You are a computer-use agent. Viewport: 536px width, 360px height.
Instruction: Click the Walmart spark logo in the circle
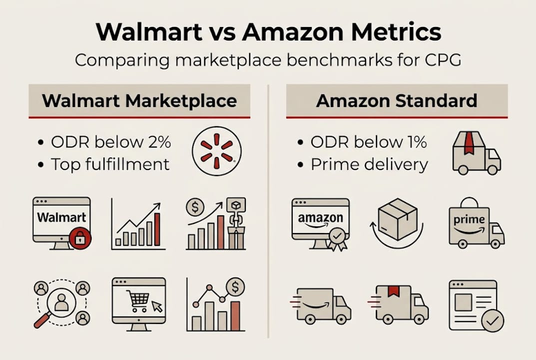point(216,151)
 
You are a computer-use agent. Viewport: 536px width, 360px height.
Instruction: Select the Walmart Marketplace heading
point(139,100)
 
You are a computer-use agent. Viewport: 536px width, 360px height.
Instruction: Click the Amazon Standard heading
point(397,100)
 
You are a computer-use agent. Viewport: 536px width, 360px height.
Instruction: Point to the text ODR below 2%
point(111,142)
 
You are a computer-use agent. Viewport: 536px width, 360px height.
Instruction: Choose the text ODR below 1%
point(369,142)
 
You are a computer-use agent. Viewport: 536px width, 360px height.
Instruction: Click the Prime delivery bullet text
point(369,164)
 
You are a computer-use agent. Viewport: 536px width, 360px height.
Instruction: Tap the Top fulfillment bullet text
point(110,164)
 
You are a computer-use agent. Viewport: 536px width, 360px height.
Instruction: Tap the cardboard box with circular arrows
point(397,220)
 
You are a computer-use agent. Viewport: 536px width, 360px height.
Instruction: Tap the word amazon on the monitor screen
point(320,218)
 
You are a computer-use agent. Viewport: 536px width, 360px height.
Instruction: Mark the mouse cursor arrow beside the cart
point(157,306)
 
